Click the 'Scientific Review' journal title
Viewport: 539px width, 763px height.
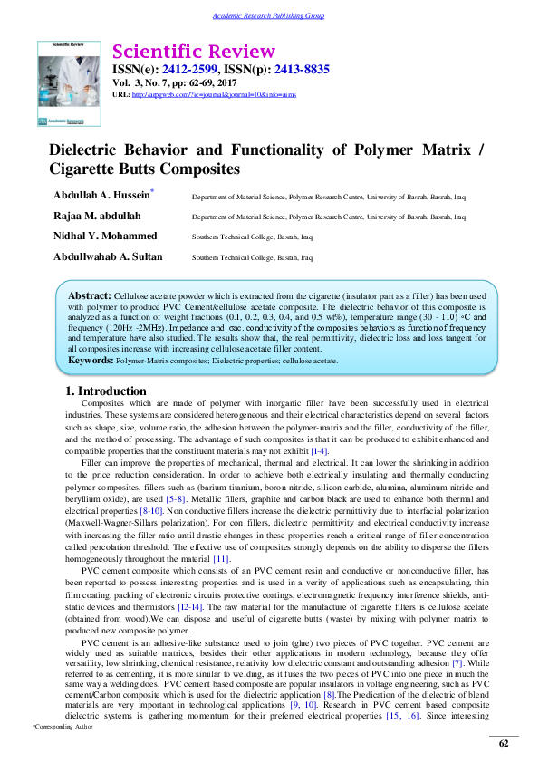coord(193,51)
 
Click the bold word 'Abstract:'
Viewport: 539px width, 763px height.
coord(90,296)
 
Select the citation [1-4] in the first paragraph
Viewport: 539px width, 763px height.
coord(320,450)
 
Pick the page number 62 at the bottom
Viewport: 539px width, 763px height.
coord(505,744)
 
